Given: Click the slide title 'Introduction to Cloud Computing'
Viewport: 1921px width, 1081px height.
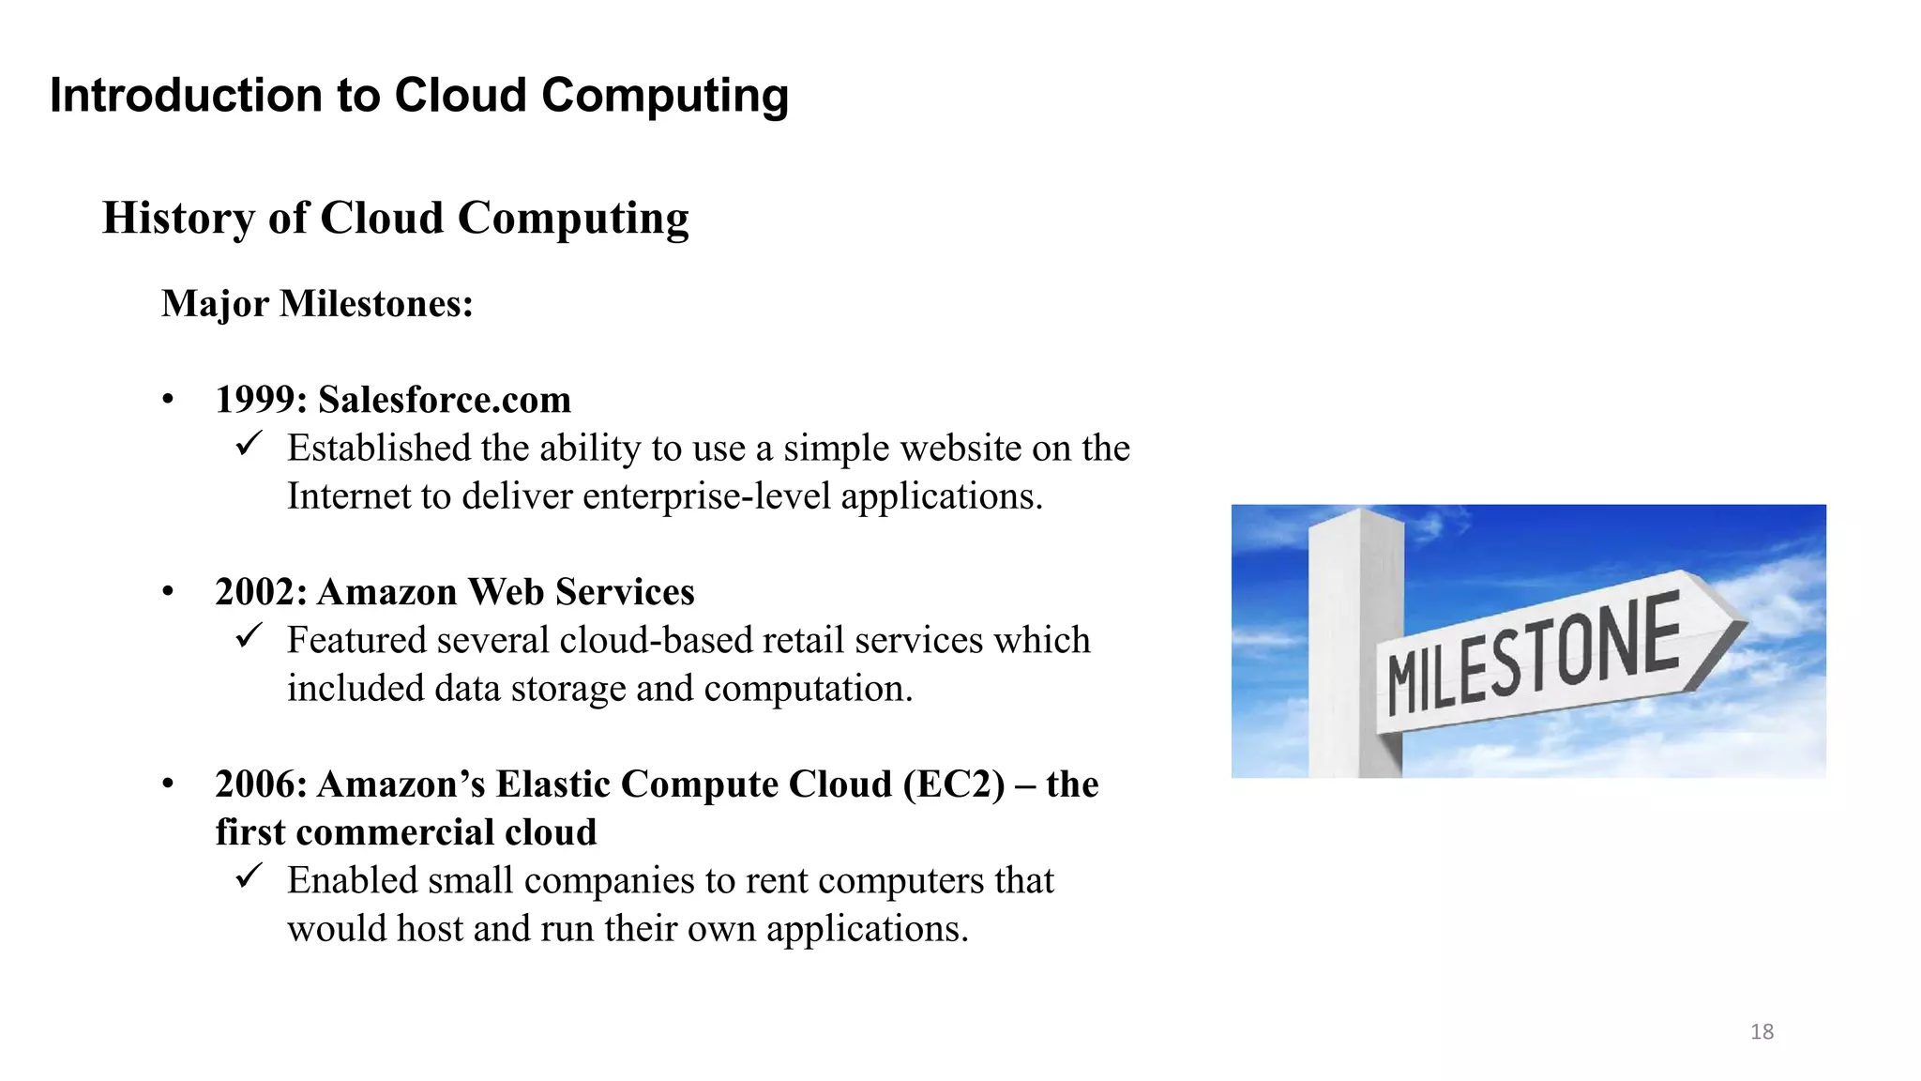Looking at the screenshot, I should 418,96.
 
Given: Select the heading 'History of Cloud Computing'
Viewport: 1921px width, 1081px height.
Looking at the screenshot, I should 395,219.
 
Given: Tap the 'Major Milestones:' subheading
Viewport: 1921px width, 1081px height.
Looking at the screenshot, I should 317,304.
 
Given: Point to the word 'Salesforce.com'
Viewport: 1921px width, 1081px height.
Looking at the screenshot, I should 445,401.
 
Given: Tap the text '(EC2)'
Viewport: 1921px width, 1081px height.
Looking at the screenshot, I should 954,785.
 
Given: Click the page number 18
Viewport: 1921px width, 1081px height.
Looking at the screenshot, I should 1762,1032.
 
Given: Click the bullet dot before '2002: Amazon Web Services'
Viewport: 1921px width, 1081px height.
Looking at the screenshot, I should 168,592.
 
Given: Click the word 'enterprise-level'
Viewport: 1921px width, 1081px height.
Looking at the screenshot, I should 706,497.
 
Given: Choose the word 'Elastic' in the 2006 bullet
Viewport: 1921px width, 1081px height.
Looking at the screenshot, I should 552,785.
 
